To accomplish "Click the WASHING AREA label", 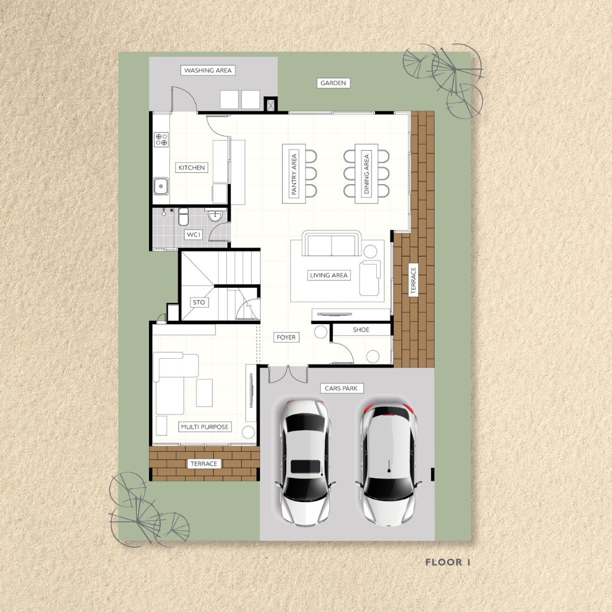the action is (208, 71).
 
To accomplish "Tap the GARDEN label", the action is (333, 83).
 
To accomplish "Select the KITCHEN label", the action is (192, 167).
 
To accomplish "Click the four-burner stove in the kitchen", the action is (161, 139).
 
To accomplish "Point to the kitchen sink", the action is (161, 186).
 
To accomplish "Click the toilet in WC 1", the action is (183, 216).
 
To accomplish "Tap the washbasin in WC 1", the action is (215, 216).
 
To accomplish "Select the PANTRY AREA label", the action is (294, 174).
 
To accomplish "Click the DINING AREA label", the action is (367, 174).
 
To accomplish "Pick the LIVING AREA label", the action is (329, 275).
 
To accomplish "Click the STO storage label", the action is (199, 302).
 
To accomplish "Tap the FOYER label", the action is (286, 337).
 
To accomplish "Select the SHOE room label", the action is (361, 330).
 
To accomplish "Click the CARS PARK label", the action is (341, 388).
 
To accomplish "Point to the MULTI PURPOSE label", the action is (205, 427).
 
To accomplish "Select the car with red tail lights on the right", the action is (388, 464).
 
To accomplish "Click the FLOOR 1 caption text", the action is (448, 562).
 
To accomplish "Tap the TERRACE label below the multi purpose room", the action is (204, 464).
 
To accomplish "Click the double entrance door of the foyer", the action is (288, 374).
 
